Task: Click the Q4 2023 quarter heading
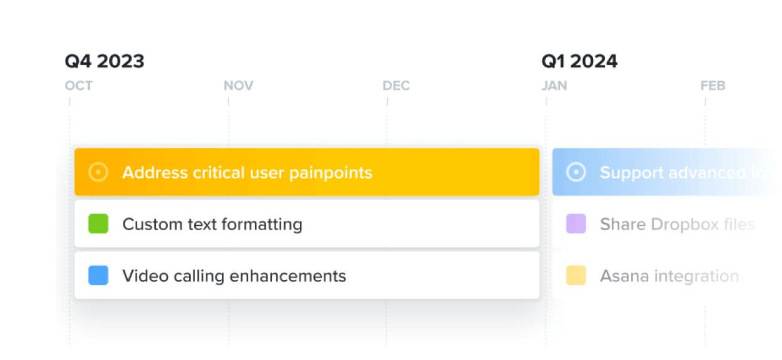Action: (x=104, y=61)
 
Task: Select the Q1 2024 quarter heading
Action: (x=579, y=61)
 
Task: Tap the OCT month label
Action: (x=79, y=86)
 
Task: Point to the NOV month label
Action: (x=238, y=86)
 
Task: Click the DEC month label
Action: (x=396, y=86)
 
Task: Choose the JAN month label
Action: (x=554, y=86)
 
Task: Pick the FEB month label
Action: (x=713, y=86)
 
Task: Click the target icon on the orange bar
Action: (x=99, y=172)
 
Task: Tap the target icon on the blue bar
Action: (x=576, y=172)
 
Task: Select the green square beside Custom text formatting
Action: (x=99, y=224)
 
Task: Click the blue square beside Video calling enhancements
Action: (x=99, y=276)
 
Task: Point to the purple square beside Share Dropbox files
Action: (x=576, y=224)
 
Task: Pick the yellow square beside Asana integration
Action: (x=576, y=276)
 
